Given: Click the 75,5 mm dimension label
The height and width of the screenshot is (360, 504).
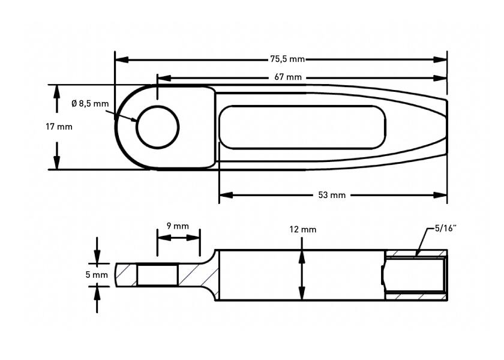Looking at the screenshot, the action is click(287, 59).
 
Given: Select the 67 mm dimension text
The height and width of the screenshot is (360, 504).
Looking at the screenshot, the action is click(288, 77).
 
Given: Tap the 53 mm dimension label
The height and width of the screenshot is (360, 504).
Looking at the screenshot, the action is click(332, 195).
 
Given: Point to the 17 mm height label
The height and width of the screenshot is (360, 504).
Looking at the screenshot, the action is click(59, 127).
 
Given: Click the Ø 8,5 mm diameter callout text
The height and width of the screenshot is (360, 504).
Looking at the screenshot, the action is click(90, 103).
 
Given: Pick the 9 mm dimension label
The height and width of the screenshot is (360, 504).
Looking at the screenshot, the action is click(178, 226).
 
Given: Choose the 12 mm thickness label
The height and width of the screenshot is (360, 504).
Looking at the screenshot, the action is click(303, 229).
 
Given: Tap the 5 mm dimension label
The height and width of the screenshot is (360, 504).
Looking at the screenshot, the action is click(97, 275).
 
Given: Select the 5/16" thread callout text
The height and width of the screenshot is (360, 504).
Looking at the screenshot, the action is click(446, 229).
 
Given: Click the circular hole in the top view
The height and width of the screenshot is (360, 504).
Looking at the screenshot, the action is click(157, 127).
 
